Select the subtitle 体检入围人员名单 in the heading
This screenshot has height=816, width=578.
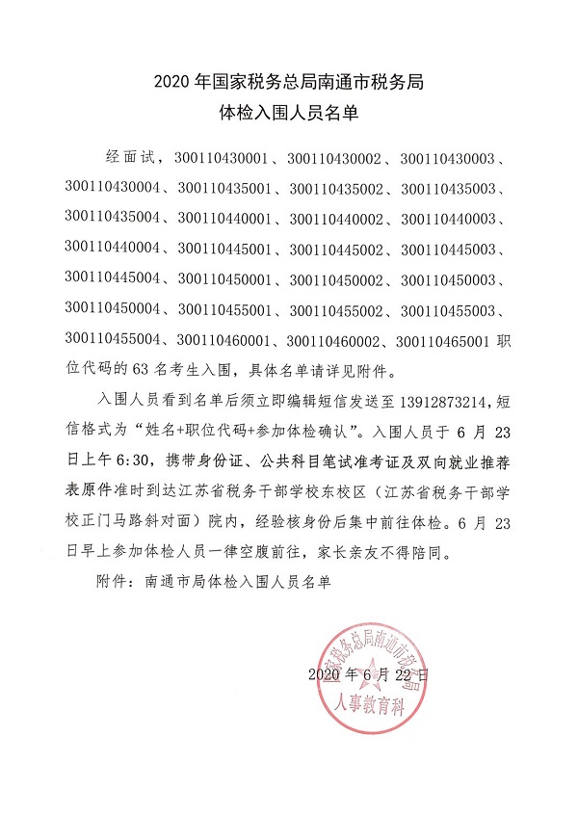(x=289, y=115)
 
